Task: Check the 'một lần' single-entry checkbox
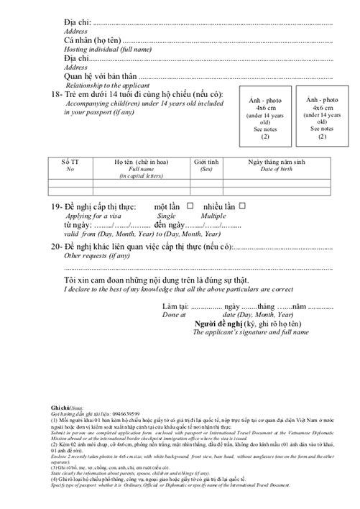190,206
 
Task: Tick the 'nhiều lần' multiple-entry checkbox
242,206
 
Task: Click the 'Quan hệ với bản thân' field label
100,77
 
